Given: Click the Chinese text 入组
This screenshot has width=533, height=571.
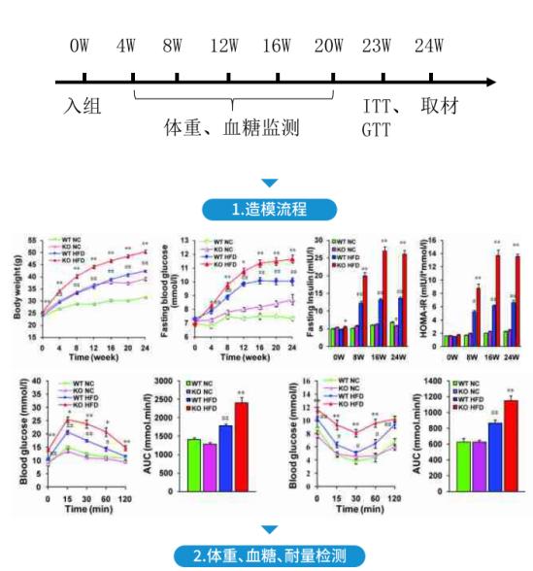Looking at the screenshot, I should (x=83, y=105).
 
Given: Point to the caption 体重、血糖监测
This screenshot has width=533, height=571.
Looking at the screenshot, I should (x=232, y=128).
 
